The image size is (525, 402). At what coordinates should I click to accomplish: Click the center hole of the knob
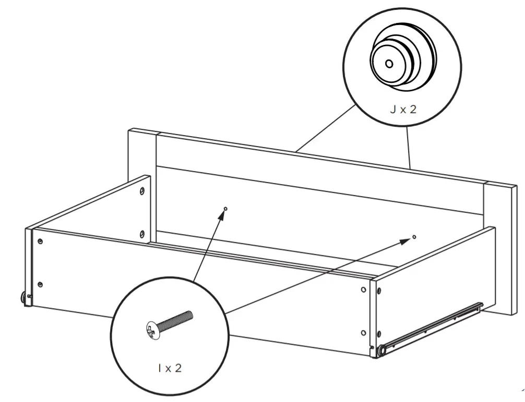point(389,64)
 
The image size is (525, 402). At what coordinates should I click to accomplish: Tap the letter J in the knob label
point(392,110)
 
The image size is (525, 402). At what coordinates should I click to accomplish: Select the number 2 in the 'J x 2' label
point(413,110)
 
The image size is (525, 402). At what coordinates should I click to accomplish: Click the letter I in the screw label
point(159,368)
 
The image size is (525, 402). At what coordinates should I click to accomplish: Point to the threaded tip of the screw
point(189,314)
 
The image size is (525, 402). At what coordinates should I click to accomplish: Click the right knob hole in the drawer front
point(414,237)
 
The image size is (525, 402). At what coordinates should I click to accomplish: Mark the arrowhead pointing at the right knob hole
point(406,240)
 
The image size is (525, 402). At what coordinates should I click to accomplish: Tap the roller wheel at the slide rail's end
point(382,351)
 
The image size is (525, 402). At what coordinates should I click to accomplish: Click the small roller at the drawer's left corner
point(23,297)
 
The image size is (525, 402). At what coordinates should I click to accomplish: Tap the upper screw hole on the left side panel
point(142,191)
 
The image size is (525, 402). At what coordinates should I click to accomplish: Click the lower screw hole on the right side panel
point(363,332)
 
